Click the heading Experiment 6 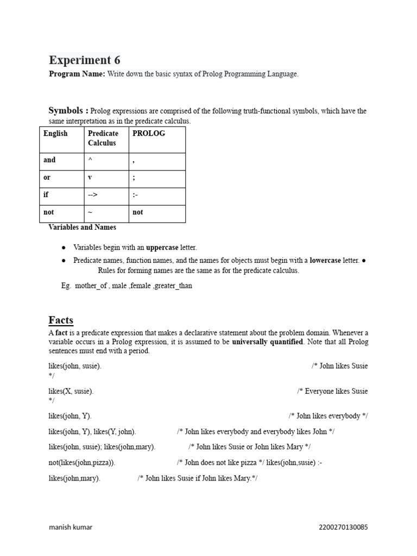point(85,60)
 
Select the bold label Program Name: point(77,74)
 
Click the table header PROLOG point(149,133)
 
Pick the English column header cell point(55,133)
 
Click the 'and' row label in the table point(49,160)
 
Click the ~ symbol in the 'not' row point(90,212)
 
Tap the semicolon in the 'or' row point(134,178)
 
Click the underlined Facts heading point(61,320)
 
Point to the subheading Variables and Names point(82,228)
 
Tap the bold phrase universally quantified point(267,342)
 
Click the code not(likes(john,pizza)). point(82,463)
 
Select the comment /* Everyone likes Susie point(332,391)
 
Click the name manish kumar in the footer point(71,527)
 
